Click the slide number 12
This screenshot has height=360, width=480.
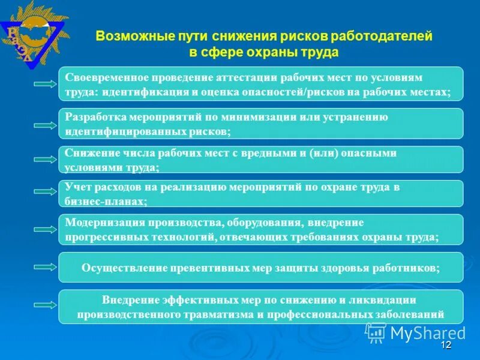tap(445, 346)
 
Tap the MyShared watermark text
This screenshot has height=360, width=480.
tap(428, 332)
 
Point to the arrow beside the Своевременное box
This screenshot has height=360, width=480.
tap(46, 85)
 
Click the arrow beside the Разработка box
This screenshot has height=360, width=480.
tap(46, 125)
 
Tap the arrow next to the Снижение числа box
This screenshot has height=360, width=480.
tap(46, 160)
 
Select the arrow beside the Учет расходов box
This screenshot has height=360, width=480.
tap(46, 192)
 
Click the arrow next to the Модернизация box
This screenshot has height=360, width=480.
tap(46, 229)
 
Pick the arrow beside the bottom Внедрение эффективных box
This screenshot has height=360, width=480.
tap(46, 307)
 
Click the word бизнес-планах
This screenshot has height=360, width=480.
tap(104, 202)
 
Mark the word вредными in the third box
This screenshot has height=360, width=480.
tap(267, 153)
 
